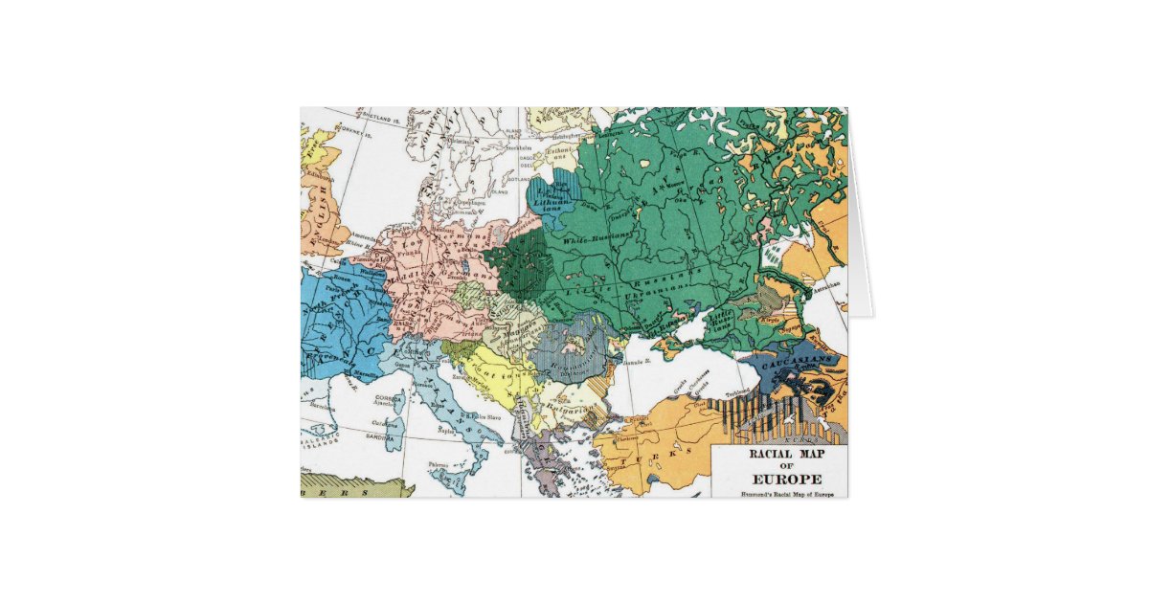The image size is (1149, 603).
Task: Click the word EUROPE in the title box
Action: point(779,479)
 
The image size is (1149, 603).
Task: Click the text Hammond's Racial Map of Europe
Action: point(778,494)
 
